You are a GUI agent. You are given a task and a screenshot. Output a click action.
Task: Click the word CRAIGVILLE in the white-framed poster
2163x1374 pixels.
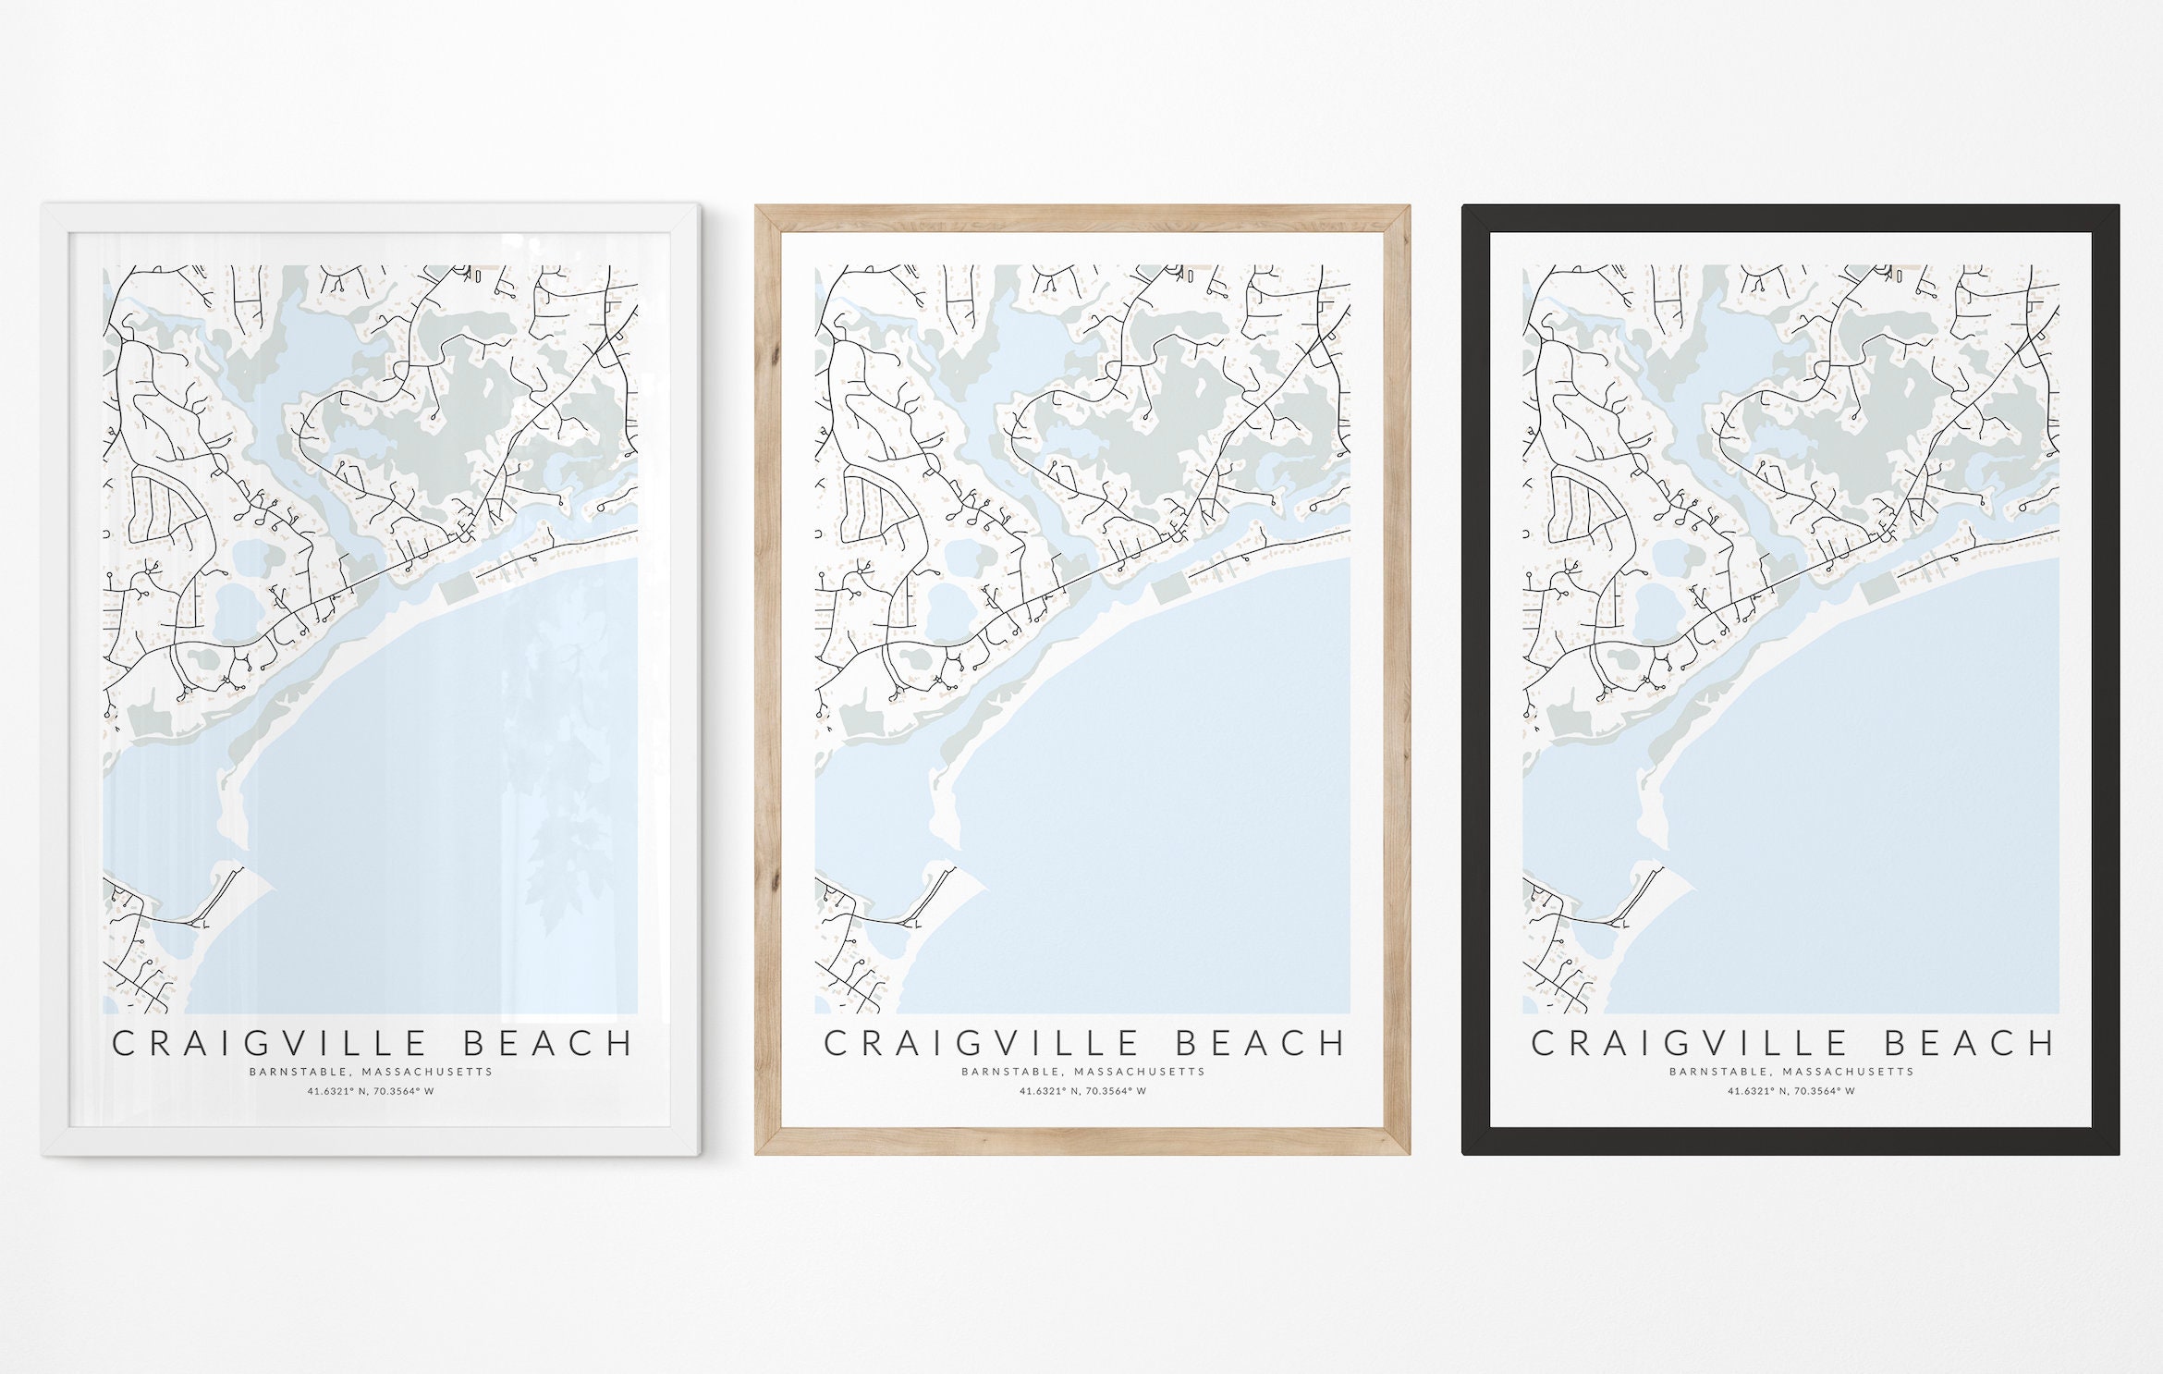(269, 1044)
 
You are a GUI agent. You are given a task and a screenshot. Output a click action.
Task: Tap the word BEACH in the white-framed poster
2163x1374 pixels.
(548, 1044)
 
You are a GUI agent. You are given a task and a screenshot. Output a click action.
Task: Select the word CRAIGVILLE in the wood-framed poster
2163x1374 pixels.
(981, 1044)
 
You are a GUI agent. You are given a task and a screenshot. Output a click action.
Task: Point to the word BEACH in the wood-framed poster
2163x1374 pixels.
(1261, 1044)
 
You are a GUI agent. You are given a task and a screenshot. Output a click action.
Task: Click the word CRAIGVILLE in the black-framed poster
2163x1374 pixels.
(1689, 1044)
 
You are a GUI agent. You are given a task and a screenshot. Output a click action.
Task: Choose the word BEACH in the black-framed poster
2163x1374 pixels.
(1969, 1044)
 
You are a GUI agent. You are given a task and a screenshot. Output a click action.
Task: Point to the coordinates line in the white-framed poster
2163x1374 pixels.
(371, 1092)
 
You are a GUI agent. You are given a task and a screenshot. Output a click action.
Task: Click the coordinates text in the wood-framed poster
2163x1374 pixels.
(1082, 1092)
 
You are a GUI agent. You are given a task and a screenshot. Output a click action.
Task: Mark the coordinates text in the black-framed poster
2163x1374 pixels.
(1790, 1092)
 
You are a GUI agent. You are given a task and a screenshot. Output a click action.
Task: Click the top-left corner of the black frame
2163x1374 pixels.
(1464, 207)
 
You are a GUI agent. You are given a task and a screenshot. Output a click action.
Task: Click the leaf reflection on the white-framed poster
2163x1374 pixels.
(564, 832)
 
